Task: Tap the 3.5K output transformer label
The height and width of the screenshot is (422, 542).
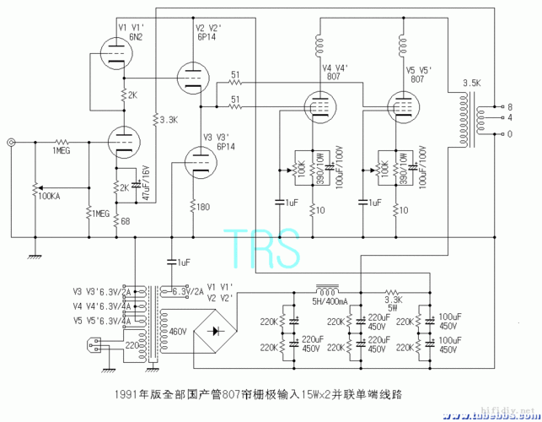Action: pos(471,84)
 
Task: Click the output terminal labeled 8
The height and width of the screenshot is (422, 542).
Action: pos(509,107)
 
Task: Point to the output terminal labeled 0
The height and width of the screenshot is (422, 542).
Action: pos(509,133)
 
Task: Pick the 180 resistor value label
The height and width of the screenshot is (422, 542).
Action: pos(204,206)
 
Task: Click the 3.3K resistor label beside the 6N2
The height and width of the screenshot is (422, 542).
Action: pos(168,120)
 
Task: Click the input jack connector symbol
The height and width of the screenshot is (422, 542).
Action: pos(11,143)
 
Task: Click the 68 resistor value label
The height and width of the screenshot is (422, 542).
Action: pos(124,221)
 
